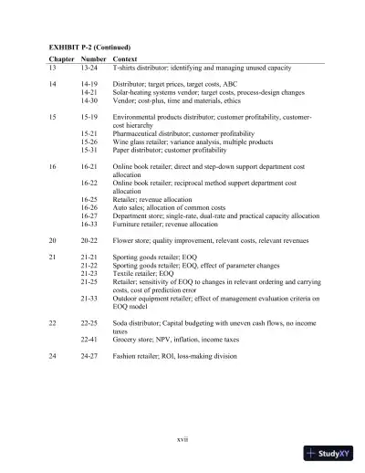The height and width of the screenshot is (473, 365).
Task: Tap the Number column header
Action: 93,59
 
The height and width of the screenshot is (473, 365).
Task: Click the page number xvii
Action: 182,439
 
